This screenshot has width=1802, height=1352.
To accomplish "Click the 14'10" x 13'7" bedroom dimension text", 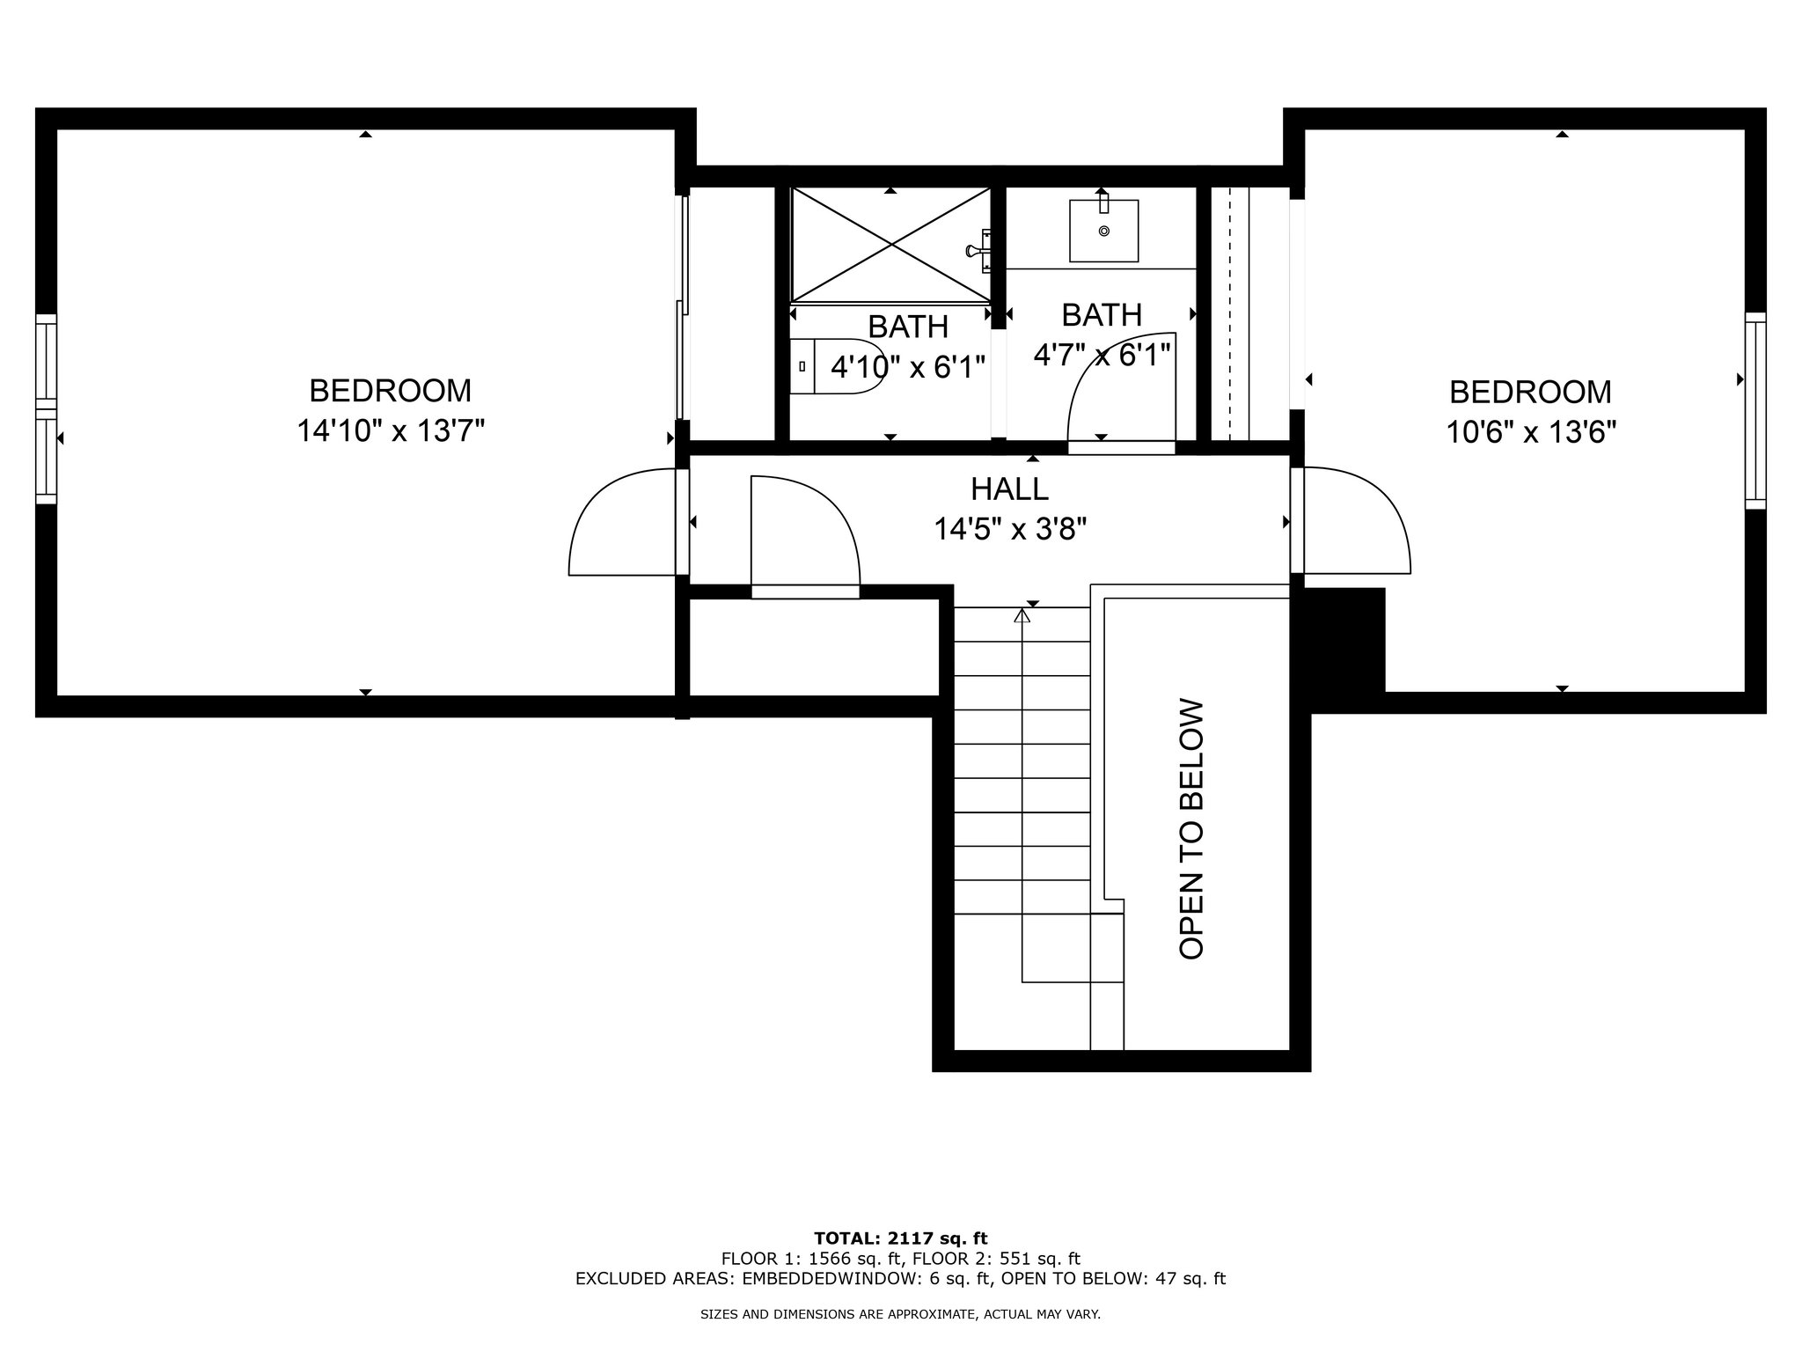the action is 391,431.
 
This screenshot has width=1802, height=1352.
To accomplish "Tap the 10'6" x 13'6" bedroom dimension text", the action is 1532,432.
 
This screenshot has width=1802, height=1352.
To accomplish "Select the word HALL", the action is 1009,489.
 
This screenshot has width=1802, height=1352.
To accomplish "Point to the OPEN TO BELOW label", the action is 1190,828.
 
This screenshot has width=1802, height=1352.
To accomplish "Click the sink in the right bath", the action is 1103,231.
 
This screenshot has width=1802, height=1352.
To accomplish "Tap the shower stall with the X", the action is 890,245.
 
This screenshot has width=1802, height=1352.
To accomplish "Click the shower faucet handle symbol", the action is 978,250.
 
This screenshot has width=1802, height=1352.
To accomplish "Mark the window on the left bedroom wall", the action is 47,409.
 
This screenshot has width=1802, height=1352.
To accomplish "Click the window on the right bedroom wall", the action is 1755,410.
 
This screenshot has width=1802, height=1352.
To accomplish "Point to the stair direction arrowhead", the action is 1022,616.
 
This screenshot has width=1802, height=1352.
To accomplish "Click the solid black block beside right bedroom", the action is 1344,640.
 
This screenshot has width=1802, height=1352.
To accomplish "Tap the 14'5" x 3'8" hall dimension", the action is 1010,529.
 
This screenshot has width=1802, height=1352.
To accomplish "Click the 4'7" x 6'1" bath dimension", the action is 1102,355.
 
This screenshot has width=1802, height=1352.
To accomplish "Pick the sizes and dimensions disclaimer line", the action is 900,1315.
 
